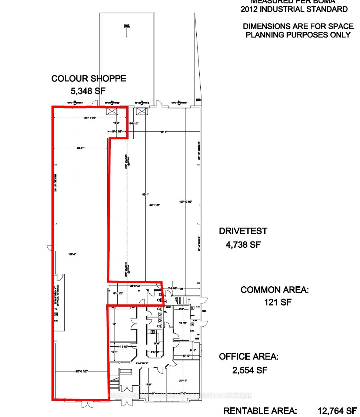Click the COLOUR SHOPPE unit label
(x=89, y=79)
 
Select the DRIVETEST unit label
(x=243, y=231)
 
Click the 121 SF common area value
(x=278, y=302)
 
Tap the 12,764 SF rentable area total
(x=337, y=411)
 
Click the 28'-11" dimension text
(x=81, y=148)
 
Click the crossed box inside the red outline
(x=112, y=111)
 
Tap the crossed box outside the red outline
(x=141, y=111)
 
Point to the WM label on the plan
(x=197, y=338)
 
